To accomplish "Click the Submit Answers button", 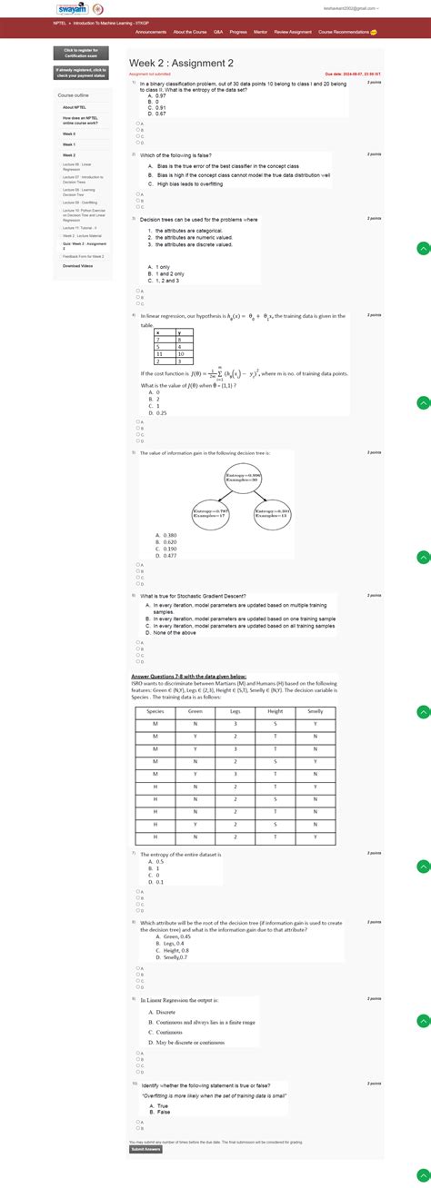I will [146, 1148].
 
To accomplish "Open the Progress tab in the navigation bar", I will [238, 32].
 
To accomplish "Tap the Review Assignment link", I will [294, 32].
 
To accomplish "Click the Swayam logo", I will [70, 10].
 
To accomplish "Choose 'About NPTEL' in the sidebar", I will [75, 107].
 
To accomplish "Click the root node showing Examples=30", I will [243, 478].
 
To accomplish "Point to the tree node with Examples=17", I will [210, 514].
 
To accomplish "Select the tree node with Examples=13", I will [272, 514].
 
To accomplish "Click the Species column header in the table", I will [155, 686].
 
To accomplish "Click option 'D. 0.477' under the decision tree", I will [165, 555].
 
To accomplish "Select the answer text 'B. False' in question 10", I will [164, 1112].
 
